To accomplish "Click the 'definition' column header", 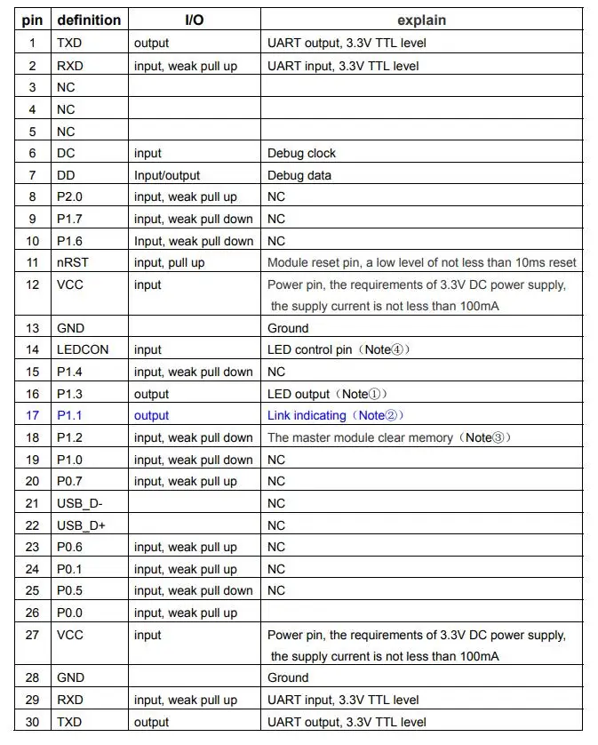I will click(88, 20).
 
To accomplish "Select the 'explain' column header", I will click(422, 20).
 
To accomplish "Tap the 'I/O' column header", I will click(194, 20).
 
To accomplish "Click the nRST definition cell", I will click(74, 262).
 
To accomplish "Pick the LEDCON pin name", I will click(83, 349).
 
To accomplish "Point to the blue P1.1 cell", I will click(69, 415).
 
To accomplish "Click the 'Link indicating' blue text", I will click(307, 415).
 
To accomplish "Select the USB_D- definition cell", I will click(80, 503).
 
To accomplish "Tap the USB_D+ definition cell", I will click(81, 525).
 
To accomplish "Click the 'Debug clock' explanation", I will click(301, 153).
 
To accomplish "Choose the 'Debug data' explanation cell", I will click(299, 175).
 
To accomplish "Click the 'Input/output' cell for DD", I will click(167, 175).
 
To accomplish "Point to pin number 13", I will click(33, 328).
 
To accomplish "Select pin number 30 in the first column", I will click(33, 722).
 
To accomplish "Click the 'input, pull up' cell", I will click(170, 262).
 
